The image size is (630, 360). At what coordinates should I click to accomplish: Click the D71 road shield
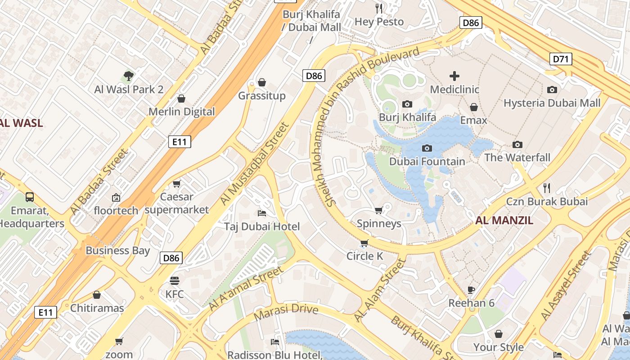coord(561,59)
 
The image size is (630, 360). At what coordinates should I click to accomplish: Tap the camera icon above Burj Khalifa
coord(407,104)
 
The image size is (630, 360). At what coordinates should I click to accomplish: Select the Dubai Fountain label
coord(427,162)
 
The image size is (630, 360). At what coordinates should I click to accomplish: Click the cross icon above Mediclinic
coord(454,76)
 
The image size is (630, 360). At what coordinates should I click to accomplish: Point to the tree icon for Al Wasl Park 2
coord(129,76)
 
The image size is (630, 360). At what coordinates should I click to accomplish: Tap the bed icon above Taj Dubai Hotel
coord(261,213)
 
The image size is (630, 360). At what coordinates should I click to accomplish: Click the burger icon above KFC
coord(175,281)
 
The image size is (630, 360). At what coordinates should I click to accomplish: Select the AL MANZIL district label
coord(504,220)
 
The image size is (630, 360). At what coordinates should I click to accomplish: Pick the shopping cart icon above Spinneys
coord(379,210)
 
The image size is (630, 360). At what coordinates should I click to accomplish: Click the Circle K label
coord(364,256)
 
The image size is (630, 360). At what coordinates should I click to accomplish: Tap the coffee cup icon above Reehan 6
coord(471,290)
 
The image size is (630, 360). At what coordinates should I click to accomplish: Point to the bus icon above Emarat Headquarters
coord(30,197)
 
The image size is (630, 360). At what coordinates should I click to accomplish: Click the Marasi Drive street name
coord(286,311)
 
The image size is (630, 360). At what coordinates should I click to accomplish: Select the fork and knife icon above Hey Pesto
coord(379,8)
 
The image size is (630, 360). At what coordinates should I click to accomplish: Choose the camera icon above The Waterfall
coord(517,144)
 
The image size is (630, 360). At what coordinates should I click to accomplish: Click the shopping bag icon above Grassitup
coord(261,82)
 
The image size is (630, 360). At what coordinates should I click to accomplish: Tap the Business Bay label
coord(118,251)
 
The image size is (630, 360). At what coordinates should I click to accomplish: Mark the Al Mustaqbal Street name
coord(254,164)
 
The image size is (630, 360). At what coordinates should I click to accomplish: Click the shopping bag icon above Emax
coord(473,107)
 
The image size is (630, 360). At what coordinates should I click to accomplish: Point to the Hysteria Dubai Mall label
coord(552,103)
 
